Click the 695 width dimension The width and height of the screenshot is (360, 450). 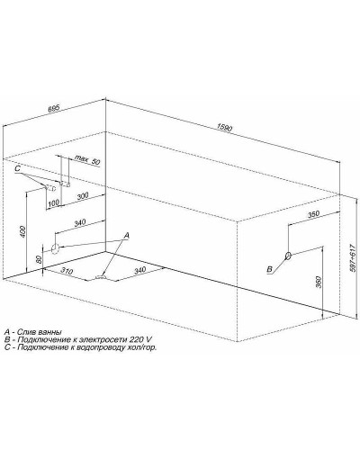point(55,108)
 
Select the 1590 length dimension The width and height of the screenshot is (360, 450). point(224,128)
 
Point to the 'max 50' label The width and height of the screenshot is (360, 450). point(87,159)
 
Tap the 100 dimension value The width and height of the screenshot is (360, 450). point(53,202)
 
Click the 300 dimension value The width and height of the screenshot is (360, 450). point(83,195)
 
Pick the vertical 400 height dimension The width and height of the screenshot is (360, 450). point(24,231)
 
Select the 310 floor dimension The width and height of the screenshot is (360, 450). point(67,271)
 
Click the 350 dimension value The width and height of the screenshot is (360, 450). point(313,214)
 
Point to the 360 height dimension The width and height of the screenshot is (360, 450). point(319,282)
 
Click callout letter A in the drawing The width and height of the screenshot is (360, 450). point(127,236)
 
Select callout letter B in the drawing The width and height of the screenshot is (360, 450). point(270,269)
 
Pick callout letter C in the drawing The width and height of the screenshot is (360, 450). point(17,169)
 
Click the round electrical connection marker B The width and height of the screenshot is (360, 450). point(288,256)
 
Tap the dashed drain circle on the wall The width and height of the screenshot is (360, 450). point(55,248)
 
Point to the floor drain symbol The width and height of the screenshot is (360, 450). point(101,277)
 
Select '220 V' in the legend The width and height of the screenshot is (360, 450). point(141,339)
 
